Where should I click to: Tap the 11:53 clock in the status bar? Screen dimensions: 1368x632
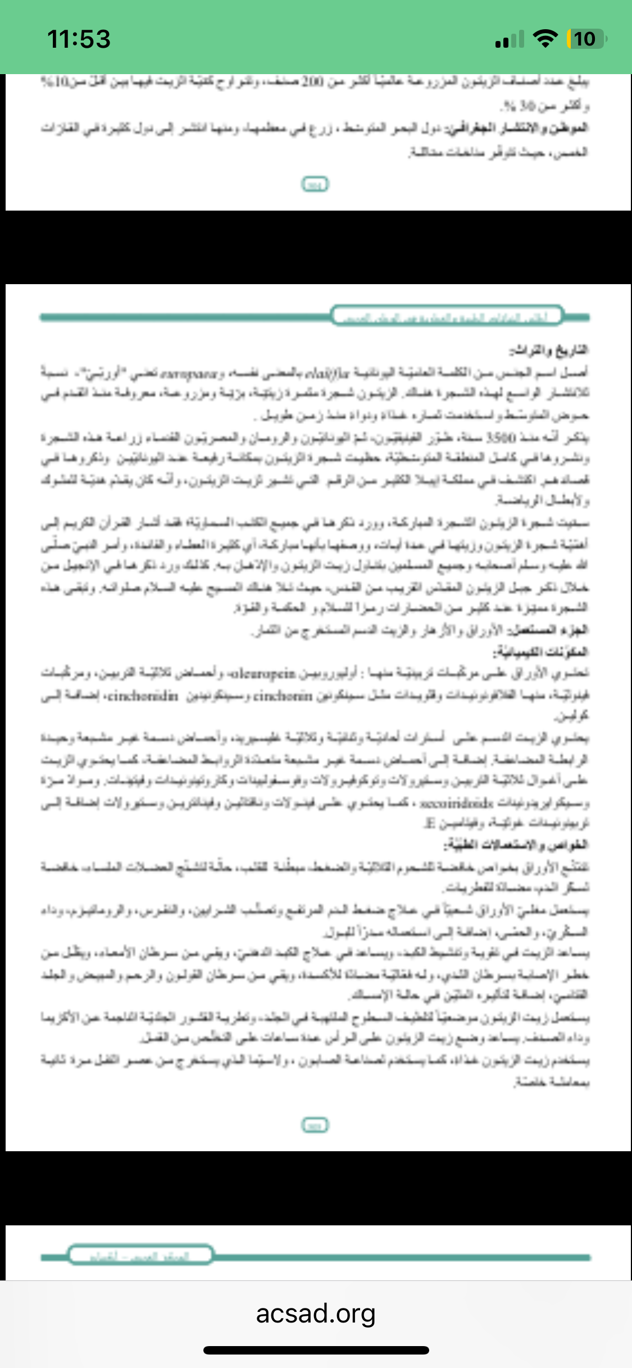(79, 39)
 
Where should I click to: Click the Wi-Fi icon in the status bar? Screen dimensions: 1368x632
(544, 39)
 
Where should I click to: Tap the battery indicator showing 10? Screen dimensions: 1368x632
(586, 39)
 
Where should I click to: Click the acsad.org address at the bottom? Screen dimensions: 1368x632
(316, 1314)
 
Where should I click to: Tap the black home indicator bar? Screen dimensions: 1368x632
(316, 1351)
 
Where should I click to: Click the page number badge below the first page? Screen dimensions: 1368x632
(315, 184)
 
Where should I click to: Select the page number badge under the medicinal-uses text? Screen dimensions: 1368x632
(315, 1125)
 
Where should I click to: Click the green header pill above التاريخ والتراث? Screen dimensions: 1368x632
(447, 316)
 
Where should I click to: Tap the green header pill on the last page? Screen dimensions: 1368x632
(140, 1255)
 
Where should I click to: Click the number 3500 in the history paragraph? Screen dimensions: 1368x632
(502, 436)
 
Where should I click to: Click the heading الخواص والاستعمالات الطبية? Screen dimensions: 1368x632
(516, 845)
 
